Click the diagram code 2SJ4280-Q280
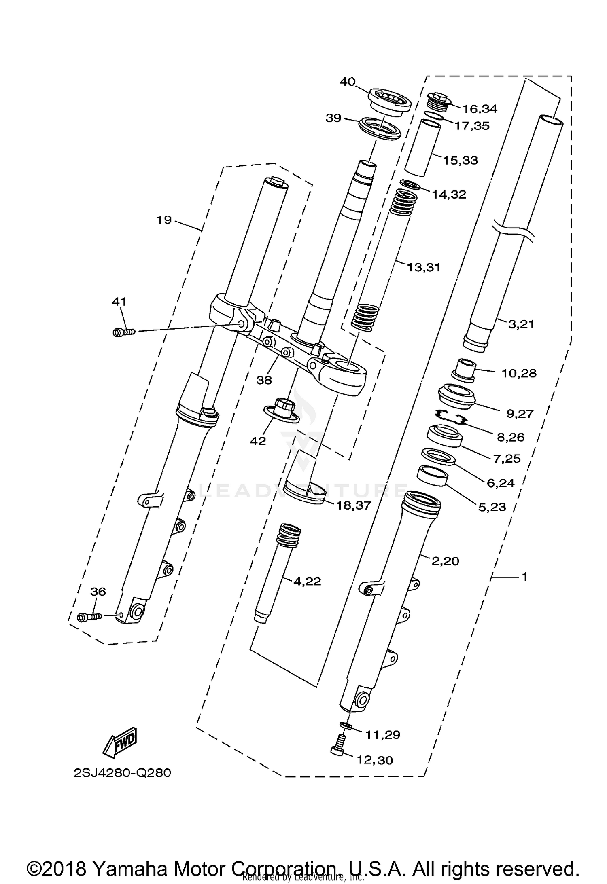122,773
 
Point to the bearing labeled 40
389,103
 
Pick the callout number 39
333,118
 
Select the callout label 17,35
471,126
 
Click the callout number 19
164,220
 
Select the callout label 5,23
492,507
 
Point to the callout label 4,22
307,581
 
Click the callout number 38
264,380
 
